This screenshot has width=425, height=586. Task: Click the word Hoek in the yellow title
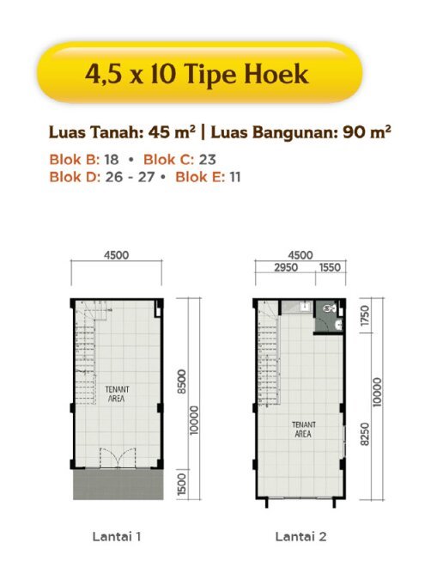click(x=276, y=74)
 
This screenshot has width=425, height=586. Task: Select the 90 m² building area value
click(x=367, y=132)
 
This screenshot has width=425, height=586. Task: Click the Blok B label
click(x=75, y=160)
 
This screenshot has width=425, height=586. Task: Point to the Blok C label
click(x=169, y=160)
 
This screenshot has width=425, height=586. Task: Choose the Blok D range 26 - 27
click(x=130, y=177)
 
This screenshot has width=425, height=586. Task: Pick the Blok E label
click(x=200, y=177)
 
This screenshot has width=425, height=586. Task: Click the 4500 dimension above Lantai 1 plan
click(x=116, y=255)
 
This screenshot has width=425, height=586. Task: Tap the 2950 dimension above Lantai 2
click(x=286, y=267)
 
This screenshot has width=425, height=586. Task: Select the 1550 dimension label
click(x=330, y=267)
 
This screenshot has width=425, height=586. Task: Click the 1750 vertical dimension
click(x=365, y=315)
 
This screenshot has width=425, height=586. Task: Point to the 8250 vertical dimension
click(x=365, y=434)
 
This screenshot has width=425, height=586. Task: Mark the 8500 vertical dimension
click(x=181, y=382)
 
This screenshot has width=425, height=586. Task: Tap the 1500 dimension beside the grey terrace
click(x=181, y=485)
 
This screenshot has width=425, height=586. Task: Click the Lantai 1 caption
click(x=117, y=537)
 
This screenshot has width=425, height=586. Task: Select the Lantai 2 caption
click(x=301, y=537)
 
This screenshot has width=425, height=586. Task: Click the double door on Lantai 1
click(x=118, y=457)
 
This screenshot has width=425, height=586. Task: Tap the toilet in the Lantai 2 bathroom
click(x=330, y=308)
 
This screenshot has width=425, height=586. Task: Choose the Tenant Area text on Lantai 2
click(x=303, y=429)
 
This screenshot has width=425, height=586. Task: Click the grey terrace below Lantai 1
click(x=118, y=484)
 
